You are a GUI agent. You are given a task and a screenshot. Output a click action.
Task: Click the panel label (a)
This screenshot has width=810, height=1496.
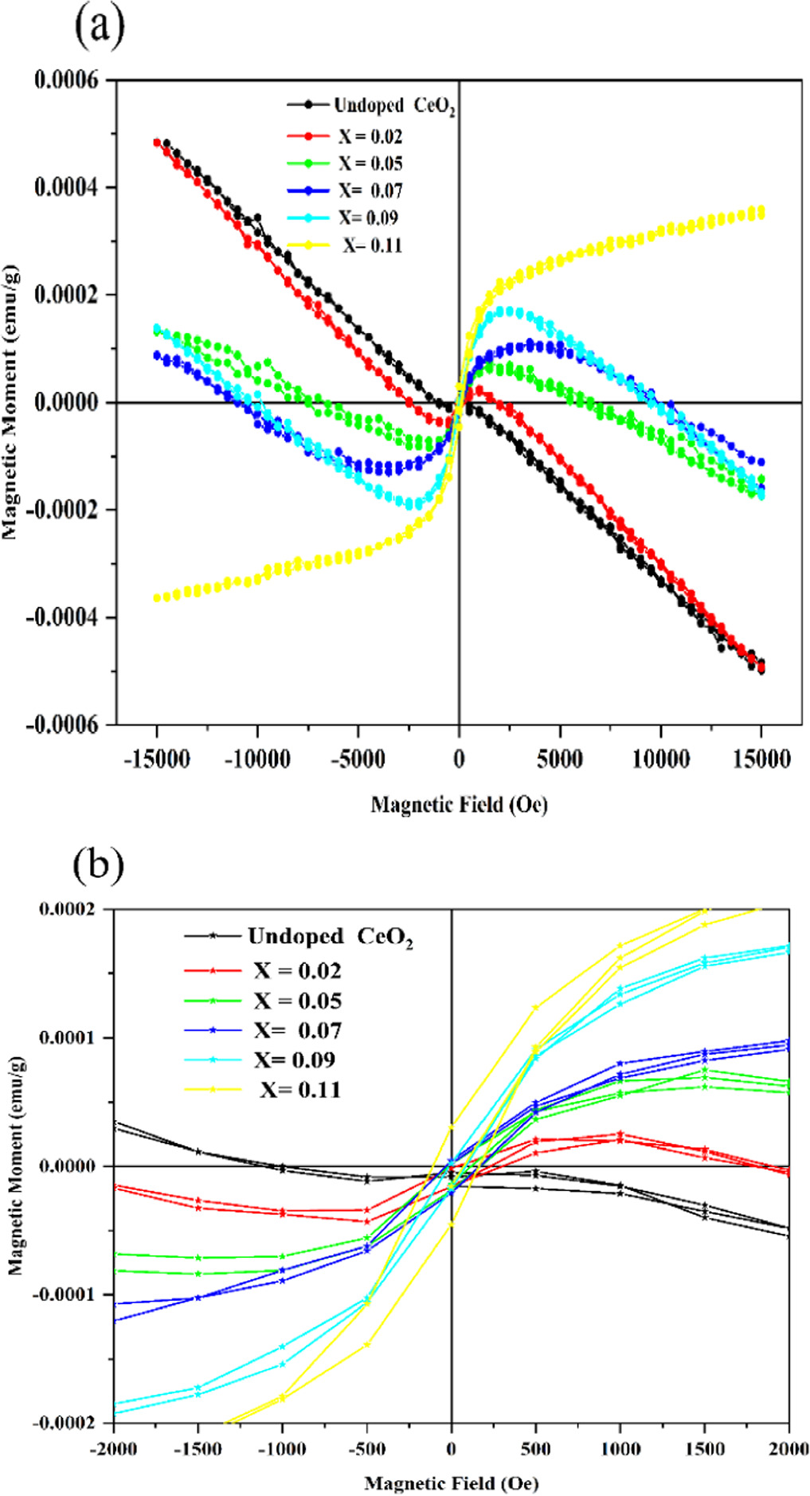[x=99, y=28]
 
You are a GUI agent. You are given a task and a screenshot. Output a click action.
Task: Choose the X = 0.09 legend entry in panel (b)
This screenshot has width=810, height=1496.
[x=295, y=1059]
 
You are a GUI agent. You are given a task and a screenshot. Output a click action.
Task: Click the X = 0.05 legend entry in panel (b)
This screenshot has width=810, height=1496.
[x=297, y=1001]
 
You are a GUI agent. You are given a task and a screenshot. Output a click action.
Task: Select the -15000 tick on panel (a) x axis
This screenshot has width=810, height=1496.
[x=157, y=759]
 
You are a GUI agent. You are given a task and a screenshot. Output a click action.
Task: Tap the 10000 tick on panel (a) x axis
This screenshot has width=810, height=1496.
[x=660, y=759]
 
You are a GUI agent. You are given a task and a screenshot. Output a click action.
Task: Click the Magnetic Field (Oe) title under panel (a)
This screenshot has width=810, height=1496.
[x=459, y=805]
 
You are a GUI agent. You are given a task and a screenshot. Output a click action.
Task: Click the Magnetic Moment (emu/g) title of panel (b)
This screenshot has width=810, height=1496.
[x=15, y=1166]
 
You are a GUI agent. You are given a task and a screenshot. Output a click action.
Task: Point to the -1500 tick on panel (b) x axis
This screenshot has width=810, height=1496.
[x=197, y=1448]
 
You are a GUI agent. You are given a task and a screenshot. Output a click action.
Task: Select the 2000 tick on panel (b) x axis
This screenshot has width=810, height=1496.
[x=788, y=1448]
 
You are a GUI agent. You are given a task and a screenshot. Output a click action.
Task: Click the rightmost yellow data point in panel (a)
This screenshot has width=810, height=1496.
[x=761, y=211]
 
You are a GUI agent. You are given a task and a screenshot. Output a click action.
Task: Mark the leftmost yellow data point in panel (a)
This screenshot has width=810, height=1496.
[x=157, y=597]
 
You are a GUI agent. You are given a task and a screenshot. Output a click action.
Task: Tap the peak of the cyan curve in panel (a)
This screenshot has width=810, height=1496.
[x=510, y=311]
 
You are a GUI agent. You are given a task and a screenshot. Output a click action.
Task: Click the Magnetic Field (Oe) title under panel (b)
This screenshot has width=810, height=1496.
[x=452, y=1483]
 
